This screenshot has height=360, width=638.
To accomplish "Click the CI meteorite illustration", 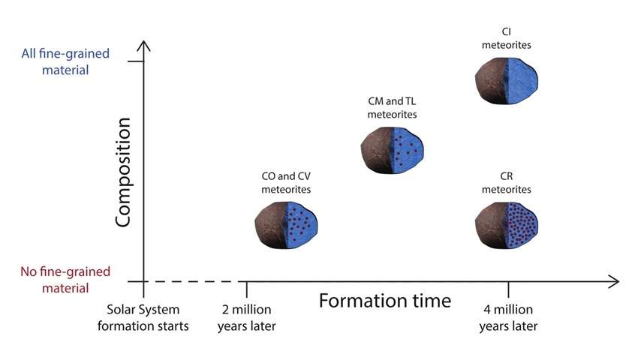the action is coord(507,81).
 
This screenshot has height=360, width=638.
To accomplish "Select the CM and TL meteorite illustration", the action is coord(393,150).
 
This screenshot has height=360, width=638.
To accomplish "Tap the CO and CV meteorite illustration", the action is coord(286,225).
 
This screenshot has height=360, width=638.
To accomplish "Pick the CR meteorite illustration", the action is coord(507,225).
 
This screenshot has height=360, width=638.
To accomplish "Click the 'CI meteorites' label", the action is coord(507,38).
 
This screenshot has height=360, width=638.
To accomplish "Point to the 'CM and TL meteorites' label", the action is coord(393,108).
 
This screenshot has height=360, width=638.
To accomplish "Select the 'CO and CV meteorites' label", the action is coord(286,183).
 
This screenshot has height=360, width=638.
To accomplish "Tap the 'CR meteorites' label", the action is coord(507,183).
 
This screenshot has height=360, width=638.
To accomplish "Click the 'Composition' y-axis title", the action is coord(123,172).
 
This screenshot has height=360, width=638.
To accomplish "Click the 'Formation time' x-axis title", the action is coord(385,301).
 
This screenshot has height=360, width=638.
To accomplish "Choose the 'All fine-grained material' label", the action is coord(65,61).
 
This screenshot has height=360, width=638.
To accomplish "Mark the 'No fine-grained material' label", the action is coord(65,280).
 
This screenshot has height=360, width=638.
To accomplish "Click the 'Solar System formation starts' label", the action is coord(143,318).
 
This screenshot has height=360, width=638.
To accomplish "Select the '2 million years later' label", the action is coord(247,318).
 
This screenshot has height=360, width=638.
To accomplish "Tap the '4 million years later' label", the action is coord(508,318).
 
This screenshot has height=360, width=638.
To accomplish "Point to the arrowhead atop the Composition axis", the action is coord(143,44).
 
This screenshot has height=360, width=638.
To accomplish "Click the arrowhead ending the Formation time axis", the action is coord(615,281).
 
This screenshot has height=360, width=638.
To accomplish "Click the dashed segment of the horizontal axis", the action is coord(183,281).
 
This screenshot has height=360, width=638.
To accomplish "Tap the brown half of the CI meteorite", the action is coord(490,81).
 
